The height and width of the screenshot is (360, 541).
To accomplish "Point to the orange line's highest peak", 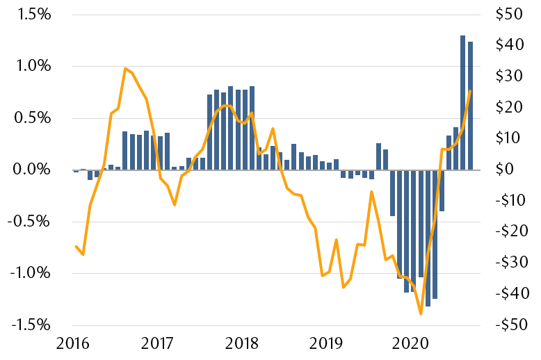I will [x=125, y=69].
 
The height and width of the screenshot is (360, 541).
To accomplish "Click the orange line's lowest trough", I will [x=421, y=313].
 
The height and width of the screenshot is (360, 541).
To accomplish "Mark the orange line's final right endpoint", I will [x=470, y=91].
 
